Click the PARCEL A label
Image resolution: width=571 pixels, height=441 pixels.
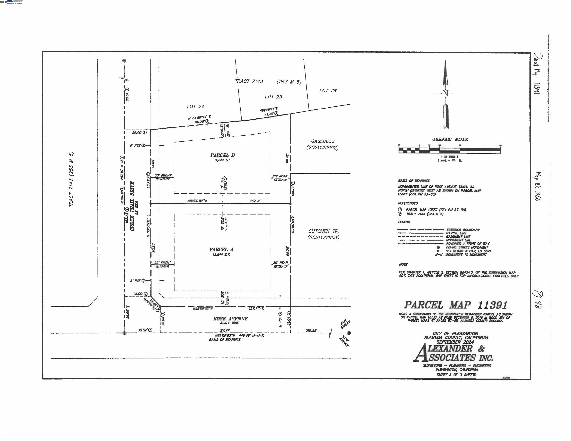coord(221,250)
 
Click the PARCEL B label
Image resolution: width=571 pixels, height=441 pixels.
coord(223,155)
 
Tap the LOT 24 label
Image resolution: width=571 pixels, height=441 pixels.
coord(195,106)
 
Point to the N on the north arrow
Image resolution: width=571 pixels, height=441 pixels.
coord(445,93)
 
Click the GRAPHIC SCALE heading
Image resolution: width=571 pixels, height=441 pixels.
coord(450,140)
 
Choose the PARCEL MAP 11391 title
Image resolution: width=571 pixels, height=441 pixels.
coord(456,305)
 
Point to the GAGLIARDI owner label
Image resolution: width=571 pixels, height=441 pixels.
coord(323,141)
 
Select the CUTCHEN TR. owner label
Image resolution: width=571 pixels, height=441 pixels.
coord(323,231)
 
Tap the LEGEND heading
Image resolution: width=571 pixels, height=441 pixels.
coord(404,222)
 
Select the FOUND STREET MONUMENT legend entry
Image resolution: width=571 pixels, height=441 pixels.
coord(467,247)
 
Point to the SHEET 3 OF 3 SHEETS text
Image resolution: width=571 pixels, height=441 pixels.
coord(456,375)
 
